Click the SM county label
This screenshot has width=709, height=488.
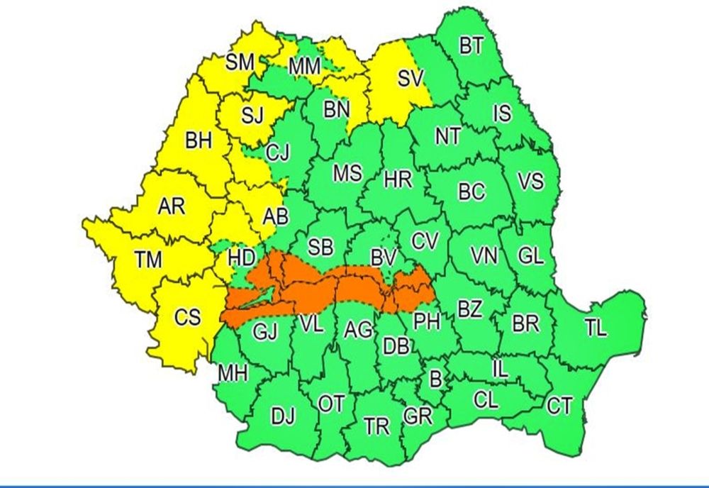click(x=240, y=62)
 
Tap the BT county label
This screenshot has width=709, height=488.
click(x=471, y=47)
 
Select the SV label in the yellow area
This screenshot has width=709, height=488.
click(x=411, y=79)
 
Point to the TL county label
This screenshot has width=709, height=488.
click(x=596, y=327)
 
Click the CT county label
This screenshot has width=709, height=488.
click(x=559, y=406)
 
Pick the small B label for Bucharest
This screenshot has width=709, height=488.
click(x=436, y=379)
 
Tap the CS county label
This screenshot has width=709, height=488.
click(x=188, y=317)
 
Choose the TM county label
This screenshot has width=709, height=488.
click(x=148, y=260)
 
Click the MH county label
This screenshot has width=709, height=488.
click(x=233, y=373)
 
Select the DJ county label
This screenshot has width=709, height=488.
click(x=284, y=416)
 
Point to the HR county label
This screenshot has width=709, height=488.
click(x=398, y=179)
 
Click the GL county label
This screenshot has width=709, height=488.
click(x=530, y=256)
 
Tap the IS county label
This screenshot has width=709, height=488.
click(x=502, y=113)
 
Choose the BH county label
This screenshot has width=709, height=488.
click(x=199, y=142)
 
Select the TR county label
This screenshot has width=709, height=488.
click(x=376, y=426)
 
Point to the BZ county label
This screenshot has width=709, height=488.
click(x=469, y=309)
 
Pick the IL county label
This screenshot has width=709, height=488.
click(x=499, y=368)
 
